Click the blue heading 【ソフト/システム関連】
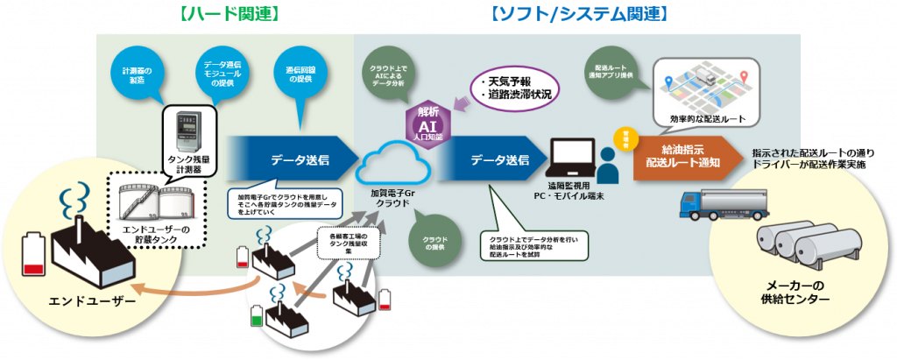tap(580, 13)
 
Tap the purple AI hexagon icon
tap(430, 120)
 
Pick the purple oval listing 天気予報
tap(515, 88)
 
